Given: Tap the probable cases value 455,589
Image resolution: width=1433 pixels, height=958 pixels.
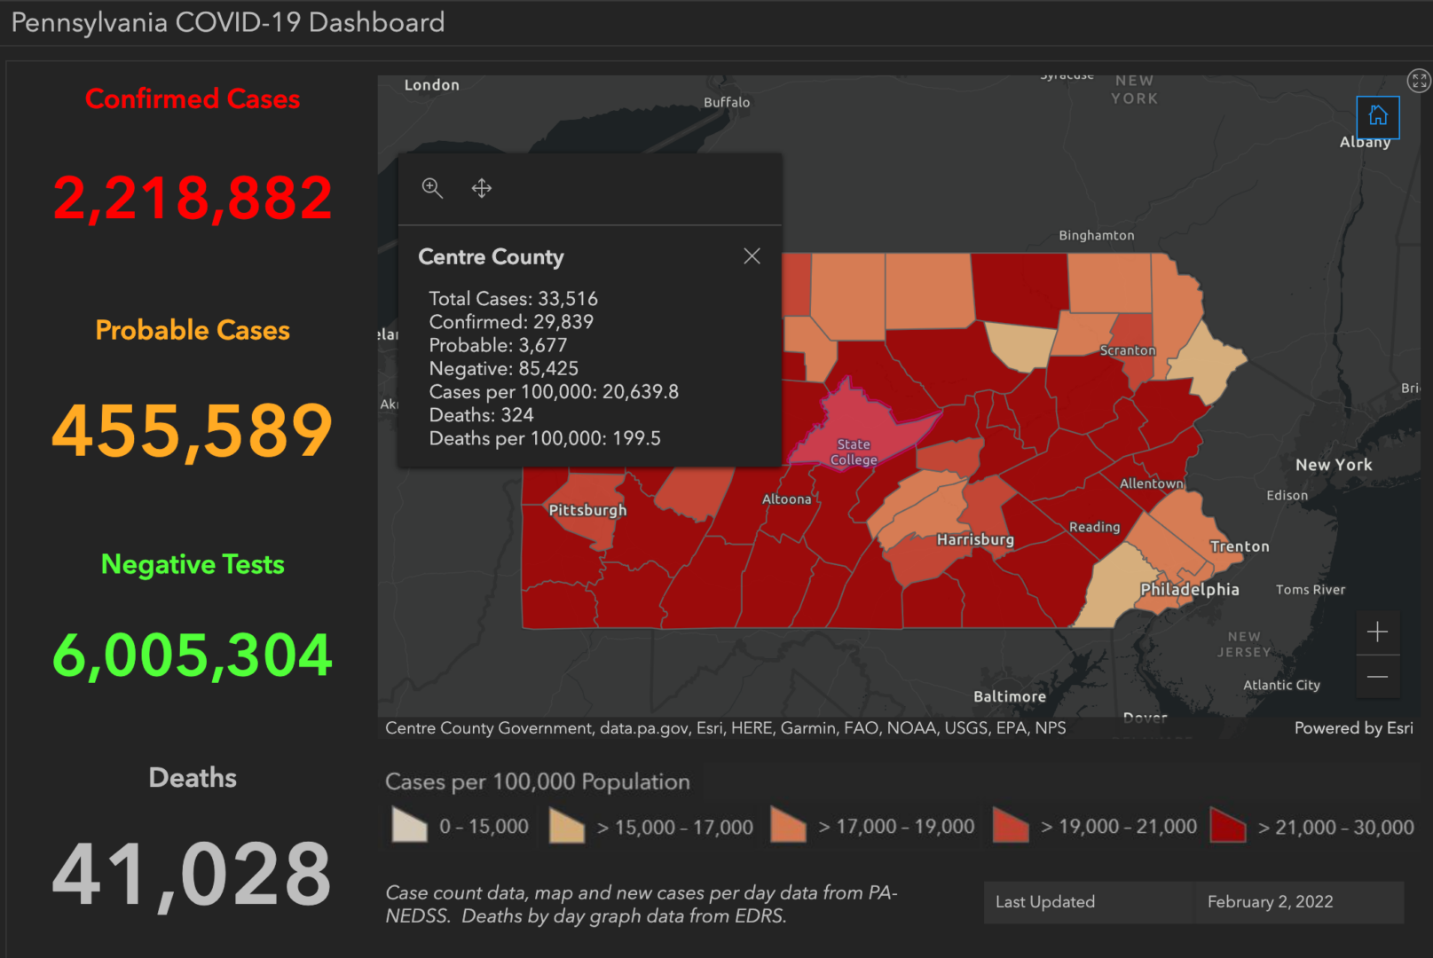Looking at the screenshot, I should point(193,430).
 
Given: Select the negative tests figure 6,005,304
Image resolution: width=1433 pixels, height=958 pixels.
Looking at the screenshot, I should point(193,656).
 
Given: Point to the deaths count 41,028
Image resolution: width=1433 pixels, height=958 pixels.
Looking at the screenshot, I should point(193,875).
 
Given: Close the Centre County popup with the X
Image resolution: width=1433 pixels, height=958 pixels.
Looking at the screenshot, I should point(752,256).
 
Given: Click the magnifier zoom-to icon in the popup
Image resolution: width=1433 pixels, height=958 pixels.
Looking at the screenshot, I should point(432,188).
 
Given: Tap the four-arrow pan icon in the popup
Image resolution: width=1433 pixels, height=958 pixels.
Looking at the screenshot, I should point(481,188).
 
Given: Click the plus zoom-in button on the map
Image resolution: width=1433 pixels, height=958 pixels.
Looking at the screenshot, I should point(1377,632).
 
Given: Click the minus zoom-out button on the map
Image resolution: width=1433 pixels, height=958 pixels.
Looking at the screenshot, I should point(1377,677).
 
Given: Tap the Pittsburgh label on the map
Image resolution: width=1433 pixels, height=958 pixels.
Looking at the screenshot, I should point(587,510).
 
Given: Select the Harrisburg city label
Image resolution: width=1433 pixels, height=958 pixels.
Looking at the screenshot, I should point(975,539).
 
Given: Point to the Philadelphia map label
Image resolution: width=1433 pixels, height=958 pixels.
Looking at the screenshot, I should point(1189,590).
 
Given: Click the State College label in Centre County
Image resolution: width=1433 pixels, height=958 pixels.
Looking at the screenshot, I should point(854,452).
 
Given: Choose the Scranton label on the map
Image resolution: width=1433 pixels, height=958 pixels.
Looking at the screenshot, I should point(1128,350).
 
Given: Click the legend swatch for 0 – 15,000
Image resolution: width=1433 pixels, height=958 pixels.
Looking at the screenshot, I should point(409,826).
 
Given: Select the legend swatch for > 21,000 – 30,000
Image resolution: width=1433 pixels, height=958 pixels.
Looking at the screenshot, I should point(1228,826).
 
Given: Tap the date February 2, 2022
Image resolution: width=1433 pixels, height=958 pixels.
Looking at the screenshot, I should point(1270,902).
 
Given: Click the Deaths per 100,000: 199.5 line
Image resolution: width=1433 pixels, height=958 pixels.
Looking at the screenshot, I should point(545,438).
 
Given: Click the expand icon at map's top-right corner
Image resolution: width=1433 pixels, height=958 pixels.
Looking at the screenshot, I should point(1419,81).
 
